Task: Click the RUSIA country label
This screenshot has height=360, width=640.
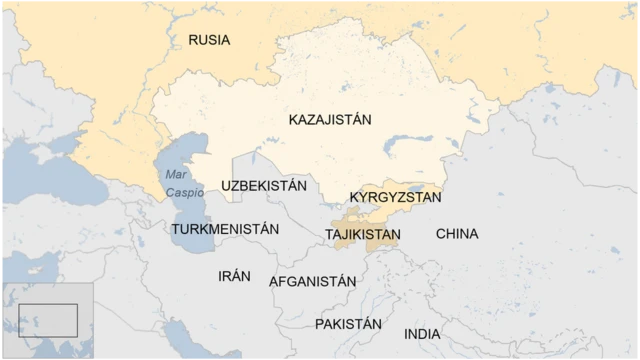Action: point(209,40)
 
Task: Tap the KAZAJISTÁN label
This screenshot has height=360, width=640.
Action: point(330,119)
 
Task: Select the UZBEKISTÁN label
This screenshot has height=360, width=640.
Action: point(264,186)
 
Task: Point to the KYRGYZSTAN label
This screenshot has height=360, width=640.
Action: point(395,198)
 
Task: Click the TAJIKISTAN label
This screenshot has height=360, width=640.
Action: point(363,235)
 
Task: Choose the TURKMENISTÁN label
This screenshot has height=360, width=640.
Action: point(225,229)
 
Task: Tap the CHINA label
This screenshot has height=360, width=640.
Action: point(457,234)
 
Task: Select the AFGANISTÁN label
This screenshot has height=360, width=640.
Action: point(312,282)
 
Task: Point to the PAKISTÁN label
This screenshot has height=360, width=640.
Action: point(348,324)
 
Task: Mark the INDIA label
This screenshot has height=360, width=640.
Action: point(421,333)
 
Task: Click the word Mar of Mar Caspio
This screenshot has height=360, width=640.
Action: point(176,175)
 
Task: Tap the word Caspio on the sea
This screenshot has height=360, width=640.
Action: point(184,191)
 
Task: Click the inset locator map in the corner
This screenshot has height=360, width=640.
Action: point(47,321)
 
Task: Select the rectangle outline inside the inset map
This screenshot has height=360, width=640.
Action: point(48,320)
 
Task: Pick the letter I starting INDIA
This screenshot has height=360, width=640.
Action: point(406,333)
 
